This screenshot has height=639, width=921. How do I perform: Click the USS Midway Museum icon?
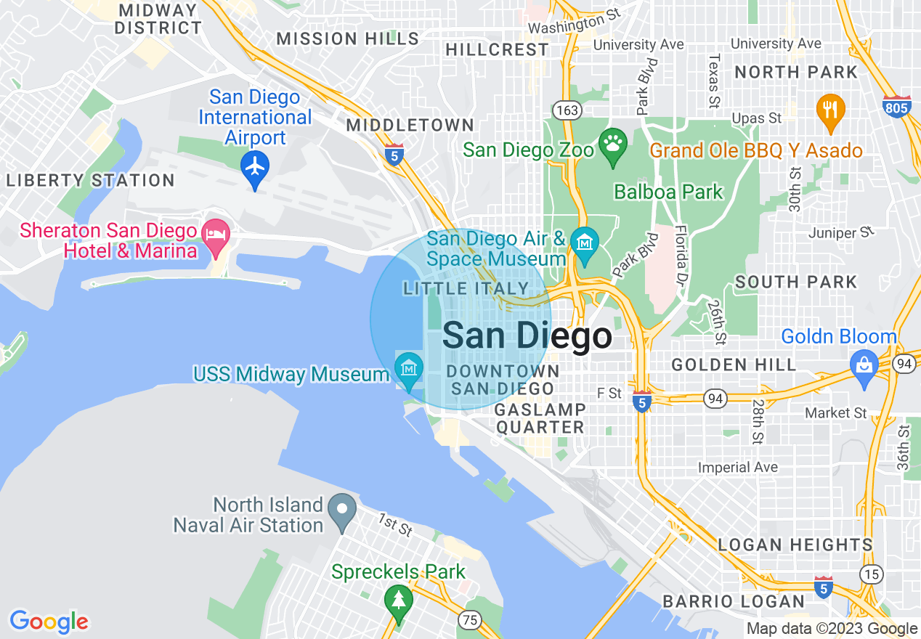410,368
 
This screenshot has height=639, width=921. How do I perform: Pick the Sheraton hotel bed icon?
216,235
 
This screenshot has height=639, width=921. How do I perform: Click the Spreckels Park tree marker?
398,600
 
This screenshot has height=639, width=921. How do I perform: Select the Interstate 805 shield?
898,106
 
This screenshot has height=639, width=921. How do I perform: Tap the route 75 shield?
470,619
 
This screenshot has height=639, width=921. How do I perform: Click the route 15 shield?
872,574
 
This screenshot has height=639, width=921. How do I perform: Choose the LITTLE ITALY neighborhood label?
466,289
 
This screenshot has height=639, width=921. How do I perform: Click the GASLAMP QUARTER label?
540,419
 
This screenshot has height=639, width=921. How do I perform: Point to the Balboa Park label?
668,192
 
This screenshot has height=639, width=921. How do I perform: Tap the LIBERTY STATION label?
90,181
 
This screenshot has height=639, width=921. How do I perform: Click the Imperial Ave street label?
737,468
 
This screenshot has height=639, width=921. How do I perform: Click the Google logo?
49,622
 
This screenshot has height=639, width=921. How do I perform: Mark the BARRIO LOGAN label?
734,602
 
